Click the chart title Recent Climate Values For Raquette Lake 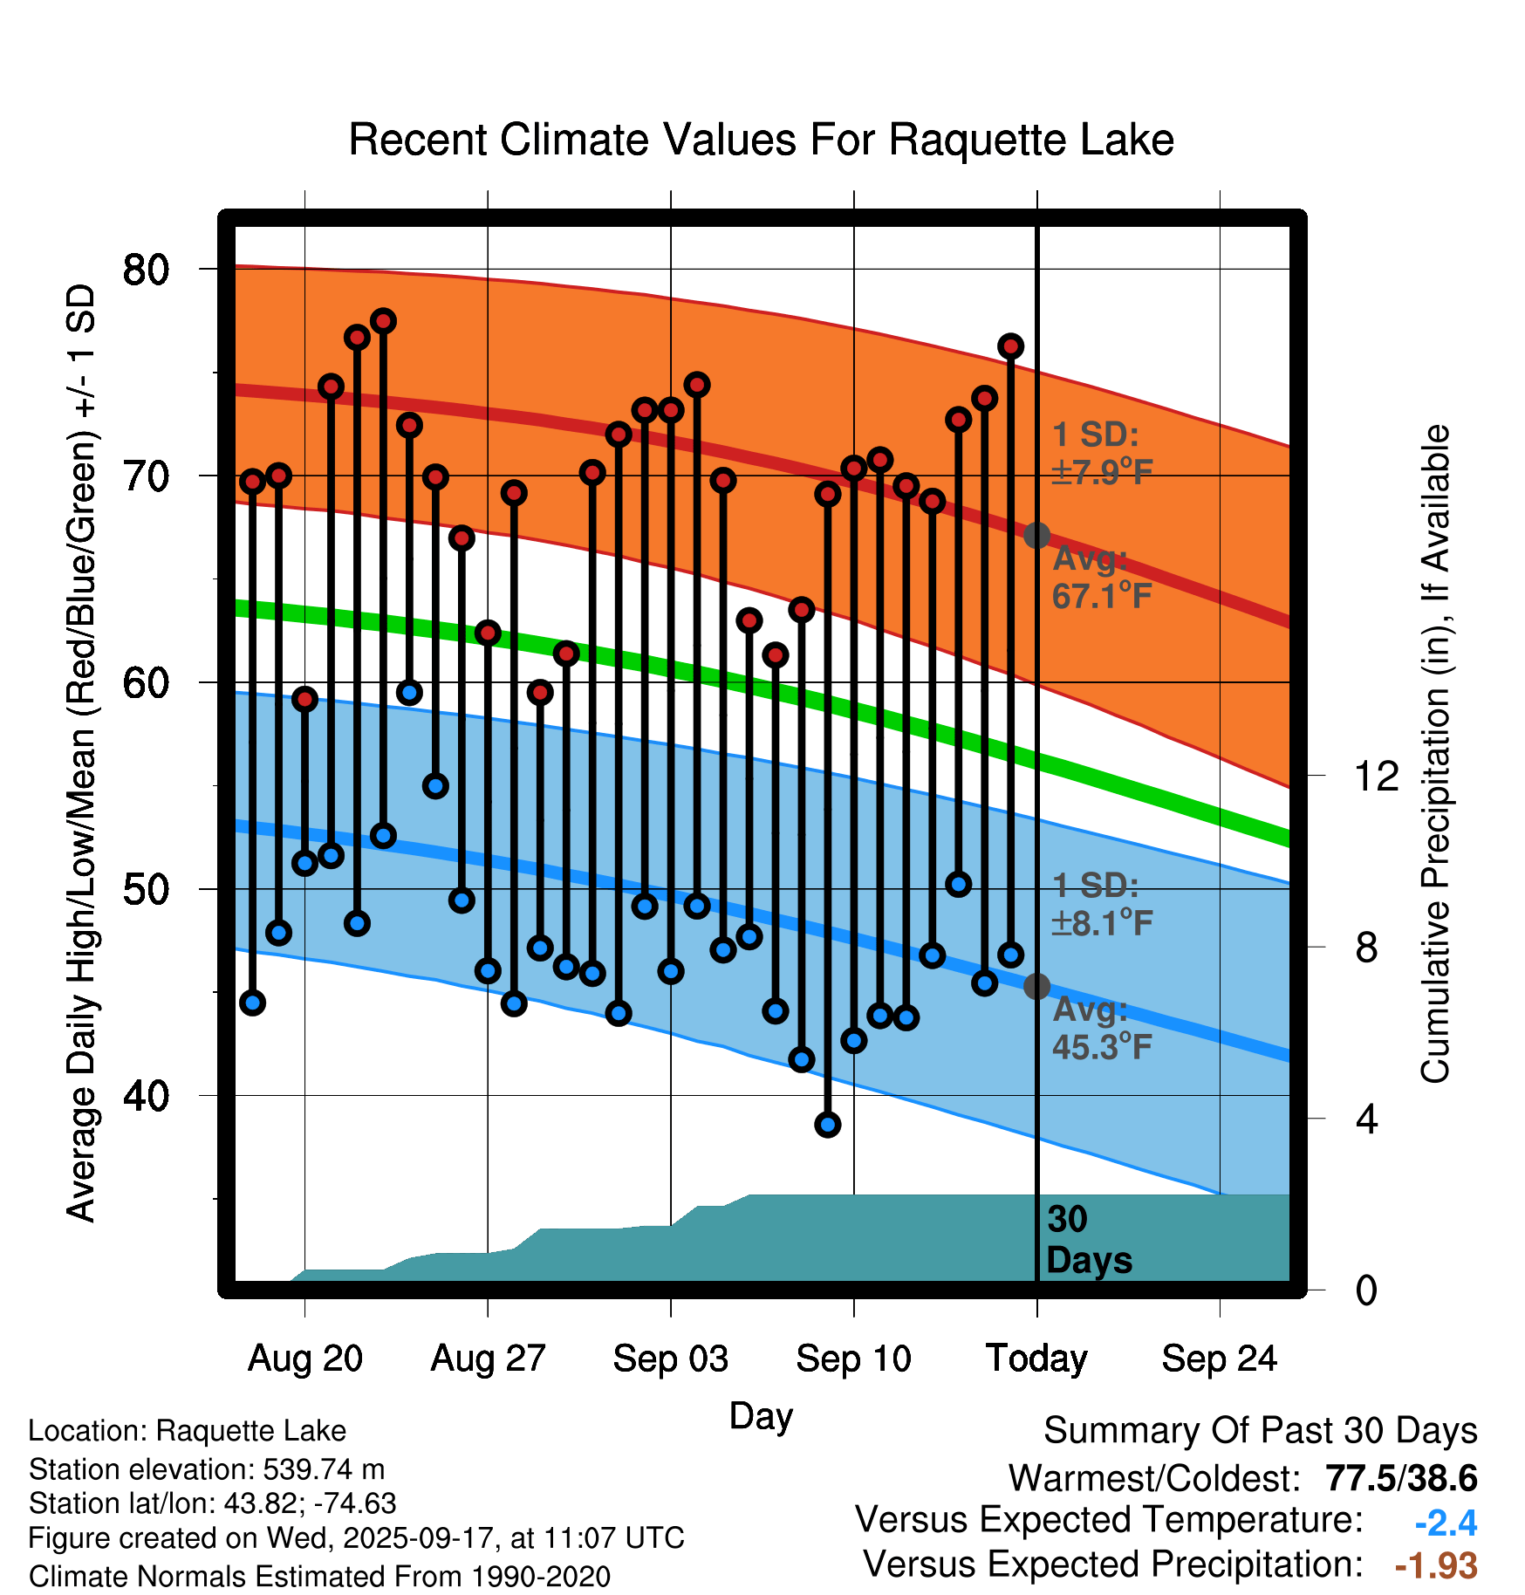(x=761, y=140)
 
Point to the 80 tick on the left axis (x=146, y=270)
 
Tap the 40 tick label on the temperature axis (x=146, y=1096)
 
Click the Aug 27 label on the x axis (x=488, y=1359)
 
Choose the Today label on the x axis (x=1036, y=1359)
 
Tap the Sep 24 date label (x=1219, y=1359)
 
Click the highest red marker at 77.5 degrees (x=383, y=321)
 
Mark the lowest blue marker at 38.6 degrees (x=828, y=1125)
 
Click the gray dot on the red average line (x=1036, y=535)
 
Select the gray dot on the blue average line (x=1036, y=986)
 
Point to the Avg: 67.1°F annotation (x=1101, y=577)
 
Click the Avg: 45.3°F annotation (x=1101, y=1028)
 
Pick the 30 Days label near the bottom (x=1088, y=1240)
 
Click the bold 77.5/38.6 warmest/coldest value (x=1401, y=1478)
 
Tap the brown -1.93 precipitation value (x=1436, y=1565)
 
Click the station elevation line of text (x=207, y=1469)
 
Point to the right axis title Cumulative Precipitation (x=1434, y=754)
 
